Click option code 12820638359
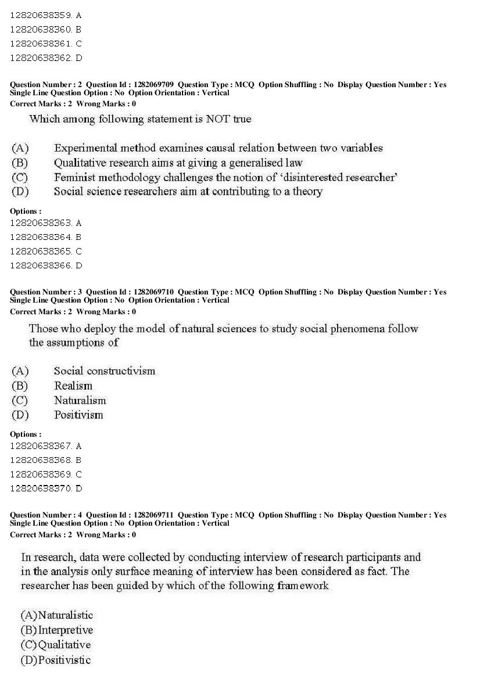coord(40,16)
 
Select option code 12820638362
coord(40,58)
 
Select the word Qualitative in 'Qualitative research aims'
coord(80,163)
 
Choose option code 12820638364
coord(40,237)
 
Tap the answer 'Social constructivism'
coord(105,371)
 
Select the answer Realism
coord(73,386)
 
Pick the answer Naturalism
coord(80,400)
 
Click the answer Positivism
coord(78,415)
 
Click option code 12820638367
coord(40,446)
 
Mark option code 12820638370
coord(40,488)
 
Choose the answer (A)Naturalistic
coord(57,615)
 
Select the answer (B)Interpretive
coord(57,630)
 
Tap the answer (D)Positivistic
coord(56,660)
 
